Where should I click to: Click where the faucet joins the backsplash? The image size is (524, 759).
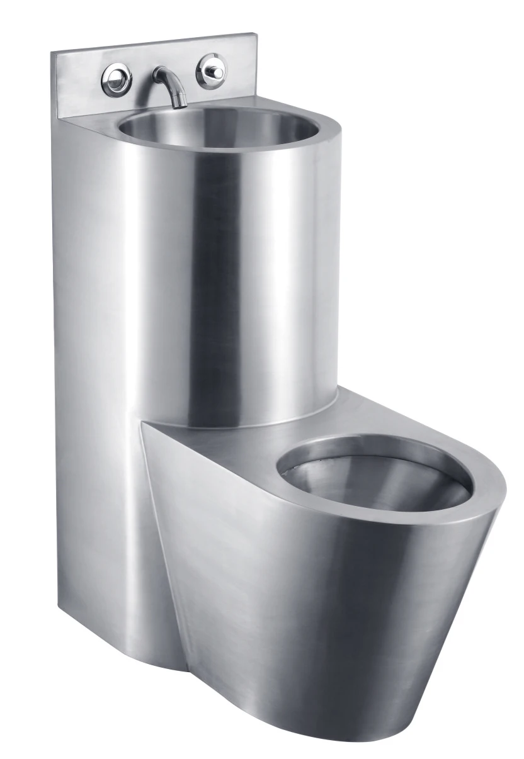pos(157,73)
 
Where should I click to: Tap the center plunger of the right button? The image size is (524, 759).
pos(214,71)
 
